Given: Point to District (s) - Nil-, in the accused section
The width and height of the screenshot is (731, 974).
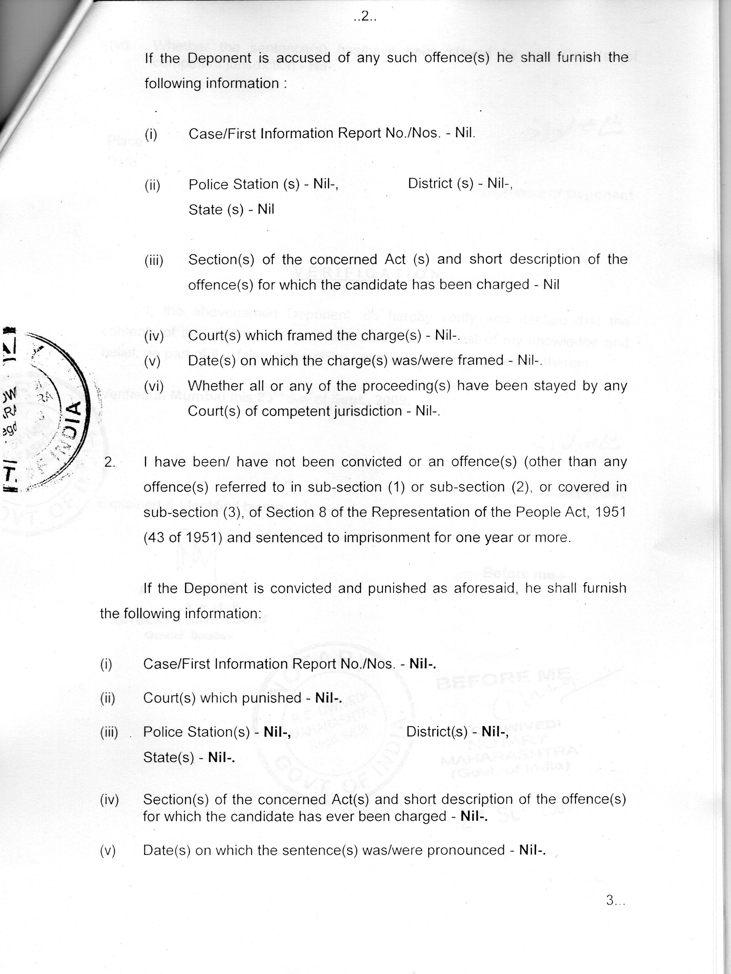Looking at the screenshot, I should pos(460,183).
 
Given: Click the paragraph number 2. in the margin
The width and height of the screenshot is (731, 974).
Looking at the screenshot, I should pos(110,462).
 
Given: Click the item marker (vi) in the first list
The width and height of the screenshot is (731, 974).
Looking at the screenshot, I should pos(153,386).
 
